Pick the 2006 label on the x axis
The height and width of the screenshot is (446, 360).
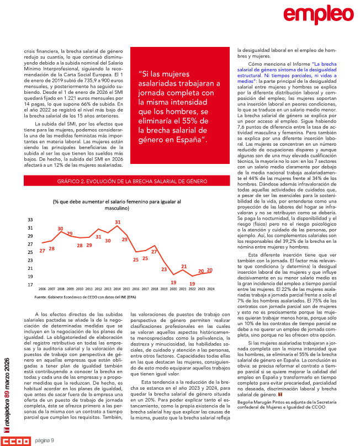click(42, 289)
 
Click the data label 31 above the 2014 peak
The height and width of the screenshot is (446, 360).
click(118, 222)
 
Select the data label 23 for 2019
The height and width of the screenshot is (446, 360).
click(164, 269)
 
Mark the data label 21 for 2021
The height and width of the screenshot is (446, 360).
click(184, 267)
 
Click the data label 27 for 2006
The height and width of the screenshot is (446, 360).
click(42, 251)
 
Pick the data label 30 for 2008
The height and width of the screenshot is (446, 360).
click(60, 228)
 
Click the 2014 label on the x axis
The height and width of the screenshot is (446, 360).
click(117, 289)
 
